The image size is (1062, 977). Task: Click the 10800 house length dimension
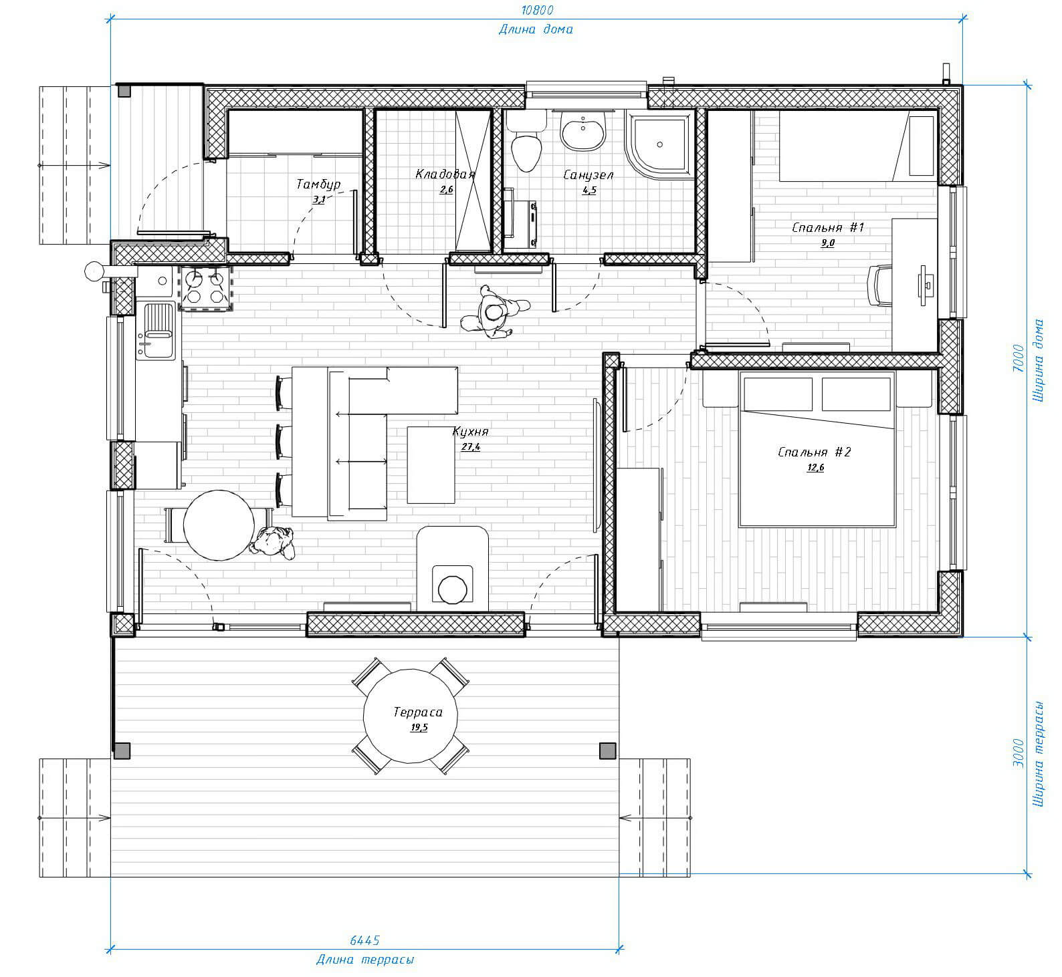pyautogui.click(x=537, y=10)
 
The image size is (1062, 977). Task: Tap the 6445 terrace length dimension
pyautogui.click(x=364, y=940)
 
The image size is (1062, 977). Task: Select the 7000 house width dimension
pyautogui.click(x=1017, y=358)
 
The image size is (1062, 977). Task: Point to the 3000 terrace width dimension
pyautogui.click(x=1017, y=753)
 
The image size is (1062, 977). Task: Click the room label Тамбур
pyautogui.click(x=318, y=184)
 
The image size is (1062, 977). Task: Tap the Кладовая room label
pyautogui.click(x=445, y=174)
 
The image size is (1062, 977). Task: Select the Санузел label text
pyautogui.click(x=589, y=175)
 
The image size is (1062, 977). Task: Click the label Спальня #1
pyautogui.click(x=828, y=228)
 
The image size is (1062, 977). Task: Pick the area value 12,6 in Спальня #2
pyautogui.click(x=815, y=467)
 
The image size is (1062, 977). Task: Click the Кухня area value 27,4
pyautogui.click(x=471, y=447)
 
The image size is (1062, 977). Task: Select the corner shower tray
pyautogui.click(x=660, y=144)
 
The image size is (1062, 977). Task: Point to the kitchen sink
pyautogui.click(x=156, y=330)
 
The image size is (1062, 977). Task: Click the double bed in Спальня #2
pyautogui.click(x=817, y=449)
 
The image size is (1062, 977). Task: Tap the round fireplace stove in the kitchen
pyautogui.click(x=453, y=587)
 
